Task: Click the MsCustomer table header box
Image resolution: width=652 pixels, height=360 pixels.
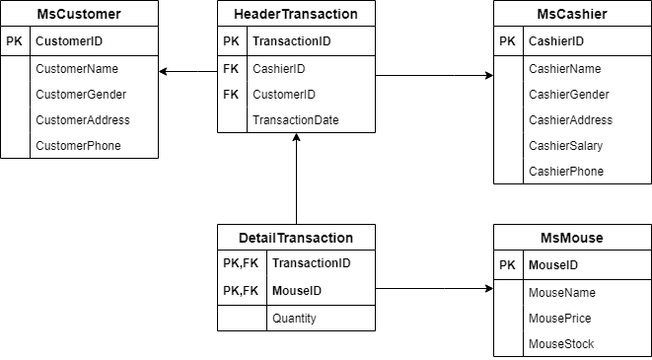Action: click(x=79, y=14)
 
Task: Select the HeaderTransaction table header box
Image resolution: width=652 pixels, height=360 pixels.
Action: click(x=296, y=14)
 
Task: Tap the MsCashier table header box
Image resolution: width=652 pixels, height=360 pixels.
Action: click(x=572, y=14)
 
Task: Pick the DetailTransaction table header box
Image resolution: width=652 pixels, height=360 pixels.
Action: click(x=296, y=238)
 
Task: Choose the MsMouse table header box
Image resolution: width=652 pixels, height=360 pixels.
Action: click(x=572, y=238)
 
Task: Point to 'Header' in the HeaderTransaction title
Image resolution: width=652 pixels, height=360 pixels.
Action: click(x=256, y=14)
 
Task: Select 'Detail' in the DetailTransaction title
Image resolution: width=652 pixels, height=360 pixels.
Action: click(x=257, y=238)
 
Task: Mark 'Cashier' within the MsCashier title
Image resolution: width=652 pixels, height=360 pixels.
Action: click(x=583, y=14)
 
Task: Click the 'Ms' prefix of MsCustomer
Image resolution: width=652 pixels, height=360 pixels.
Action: click(x=45, y=14)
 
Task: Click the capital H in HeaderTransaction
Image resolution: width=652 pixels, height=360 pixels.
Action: click(x=239, y=14)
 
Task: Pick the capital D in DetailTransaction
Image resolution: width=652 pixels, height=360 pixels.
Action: click(x=244, y=238)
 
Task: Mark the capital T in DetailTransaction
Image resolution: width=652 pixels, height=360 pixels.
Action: click(x=280, y=238)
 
